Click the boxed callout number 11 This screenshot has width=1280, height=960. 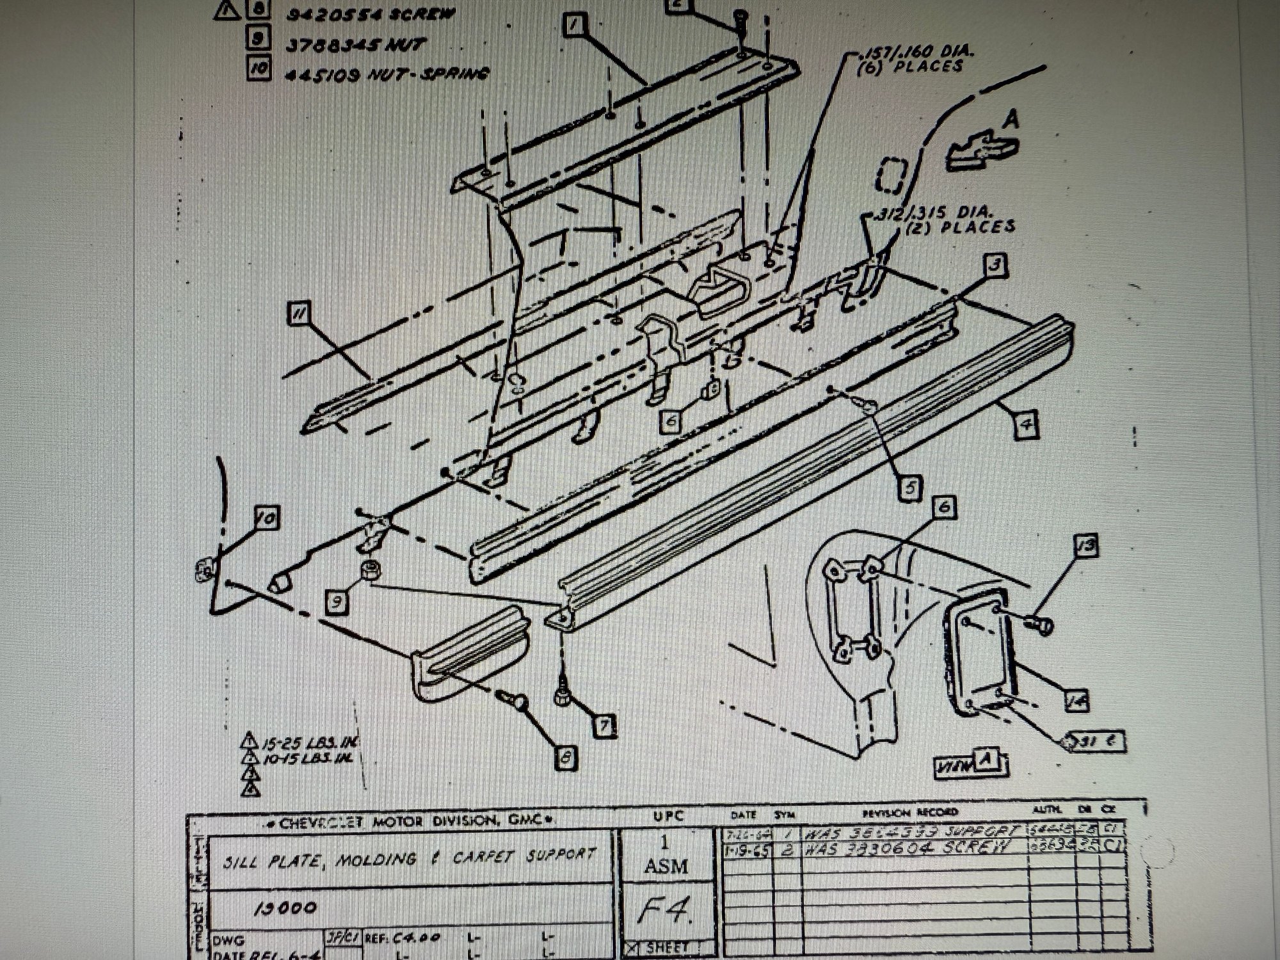coord(298,314)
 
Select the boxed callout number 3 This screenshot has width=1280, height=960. coord(995,264)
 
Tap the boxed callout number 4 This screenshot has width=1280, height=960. coord(1026,425)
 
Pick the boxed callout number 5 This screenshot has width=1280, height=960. coord(909,488)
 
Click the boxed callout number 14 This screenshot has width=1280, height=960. coord(1077,701)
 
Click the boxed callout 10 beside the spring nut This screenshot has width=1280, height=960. coord(266,517)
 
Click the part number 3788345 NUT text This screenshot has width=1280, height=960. coord(356,44)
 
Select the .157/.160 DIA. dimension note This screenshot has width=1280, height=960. coord(911,59)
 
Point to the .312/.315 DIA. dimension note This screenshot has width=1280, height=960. coord(945,218)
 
